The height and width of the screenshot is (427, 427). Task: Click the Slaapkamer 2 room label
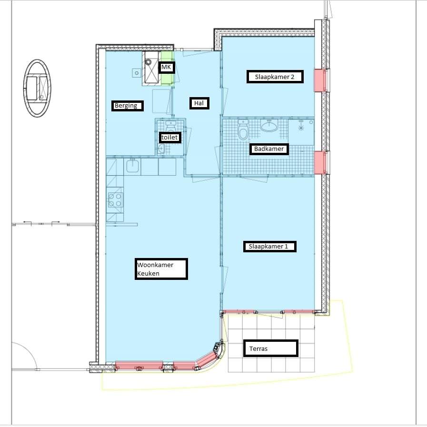[x=275, y=77]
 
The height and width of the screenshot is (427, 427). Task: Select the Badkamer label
[x=269, y=149]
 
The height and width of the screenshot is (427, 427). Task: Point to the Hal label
[x=199, y=103]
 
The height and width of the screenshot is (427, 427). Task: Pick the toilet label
[x=169, y=137]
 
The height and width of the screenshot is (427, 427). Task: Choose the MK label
[x=167, y=67]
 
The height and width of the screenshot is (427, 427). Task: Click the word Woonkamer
[x=155, y=265]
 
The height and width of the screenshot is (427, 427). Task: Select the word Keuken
[x=149, y=273]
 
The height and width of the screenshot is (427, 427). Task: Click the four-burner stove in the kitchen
[x=115, y=200]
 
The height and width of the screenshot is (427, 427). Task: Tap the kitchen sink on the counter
[x=132, y=167]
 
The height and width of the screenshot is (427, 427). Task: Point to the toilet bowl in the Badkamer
[x=243, y=130]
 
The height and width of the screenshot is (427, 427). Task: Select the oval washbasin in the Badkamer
[x=269, y=126]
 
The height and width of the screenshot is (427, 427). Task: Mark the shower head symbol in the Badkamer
[x=301, y=128]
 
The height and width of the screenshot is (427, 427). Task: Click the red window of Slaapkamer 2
[x=320, y=80]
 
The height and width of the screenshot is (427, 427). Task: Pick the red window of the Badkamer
[x=320, y=163]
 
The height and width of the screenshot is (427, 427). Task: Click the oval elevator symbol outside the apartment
[x=37, y=88]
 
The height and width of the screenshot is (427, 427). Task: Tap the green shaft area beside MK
[x=167, y=68]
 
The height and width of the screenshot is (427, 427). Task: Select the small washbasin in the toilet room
[x=162, y=149]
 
